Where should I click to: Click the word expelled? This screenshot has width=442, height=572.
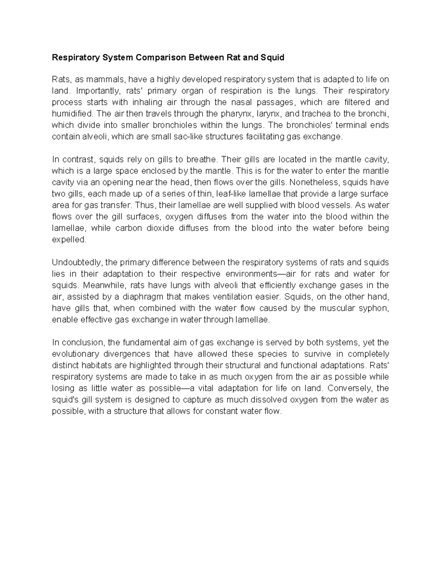click(x=69, y=239)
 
